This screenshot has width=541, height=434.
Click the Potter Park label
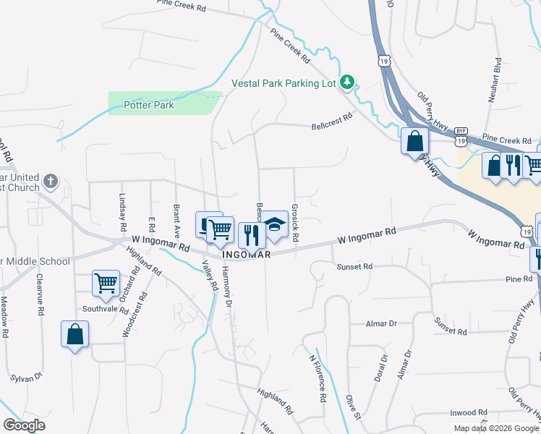tap(149, 105)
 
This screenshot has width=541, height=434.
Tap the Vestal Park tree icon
tap(348, 82)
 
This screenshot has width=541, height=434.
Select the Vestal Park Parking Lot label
tap(284, 83)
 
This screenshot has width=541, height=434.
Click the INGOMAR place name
tap(247, 255)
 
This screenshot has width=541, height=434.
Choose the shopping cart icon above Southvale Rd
tap(106, 282)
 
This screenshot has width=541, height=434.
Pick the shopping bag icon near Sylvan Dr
tap(75, 334)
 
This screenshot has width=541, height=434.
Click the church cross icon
tap(50, 181)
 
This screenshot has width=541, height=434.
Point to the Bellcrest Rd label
tap(331, 119)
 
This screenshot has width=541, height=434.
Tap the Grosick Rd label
tap(295, 222)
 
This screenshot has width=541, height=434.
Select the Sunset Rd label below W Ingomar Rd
tap(354, 267)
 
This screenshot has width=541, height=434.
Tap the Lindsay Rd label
tap(122, 206)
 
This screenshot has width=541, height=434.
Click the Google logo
tap(24, 425)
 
